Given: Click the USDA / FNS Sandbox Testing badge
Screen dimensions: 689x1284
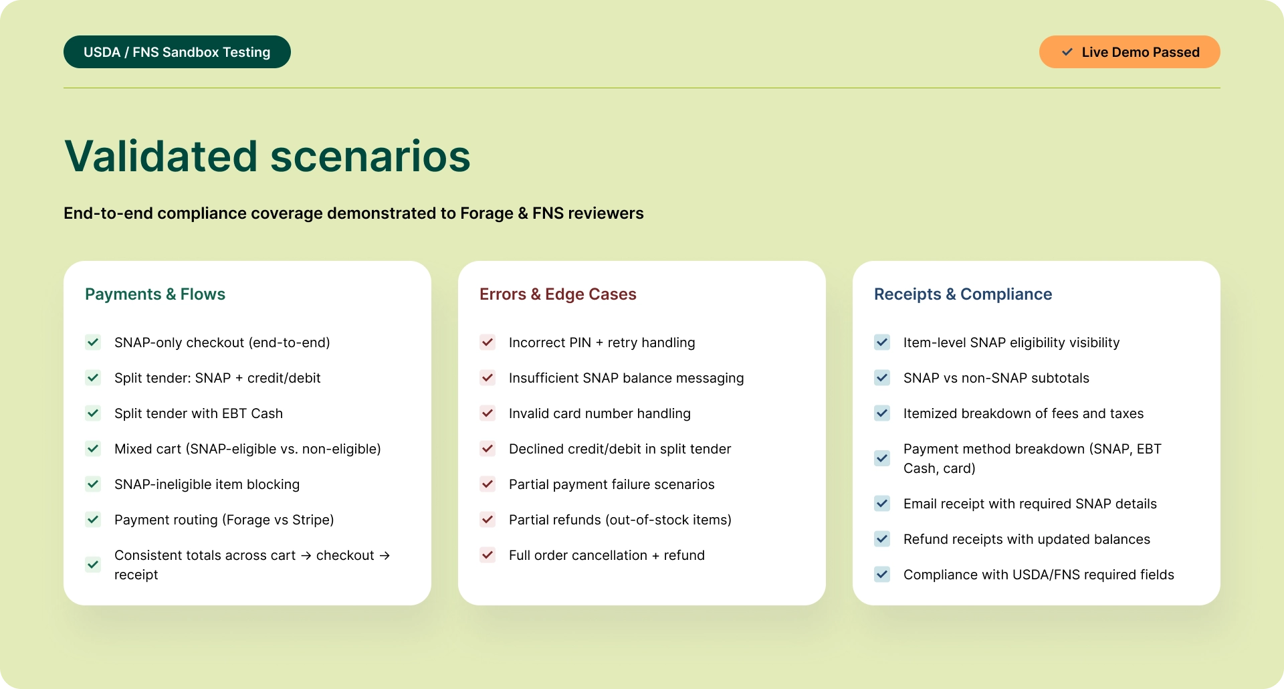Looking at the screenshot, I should (177, 52).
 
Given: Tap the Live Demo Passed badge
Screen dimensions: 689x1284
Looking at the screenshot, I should (1129, 52).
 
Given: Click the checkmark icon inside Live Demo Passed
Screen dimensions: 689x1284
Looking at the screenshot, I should (1067, 52).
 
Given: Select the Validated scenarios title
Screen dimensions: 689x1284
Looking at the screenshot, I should (267, 157).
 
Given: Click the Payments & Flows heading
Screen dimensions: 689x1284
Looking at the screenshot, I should (155, 294).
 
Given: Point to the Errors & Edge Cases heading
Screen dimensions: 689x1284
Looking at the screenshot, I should (558, 294).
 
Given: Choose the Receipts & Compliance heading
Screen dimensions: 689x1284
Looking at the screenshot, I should (963, 294).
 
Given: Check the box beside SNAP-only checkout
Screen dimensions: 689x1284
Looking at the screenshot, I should (93, 342).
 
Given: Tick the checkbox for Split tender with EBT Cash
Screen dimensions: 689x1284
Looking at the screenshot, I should (93, 413).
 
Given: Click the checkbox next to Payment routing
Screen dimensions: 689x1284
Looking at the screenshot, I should (93, 520).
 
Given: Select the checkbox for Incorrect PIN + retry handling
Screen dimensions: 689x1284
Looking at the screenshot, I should (488, 342).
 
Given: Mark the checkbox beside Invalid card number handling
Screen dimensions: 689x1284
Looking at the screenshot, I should (488, 413).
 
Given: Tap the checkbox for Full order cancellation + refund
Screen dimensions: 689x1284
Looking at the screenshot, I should (488, 555).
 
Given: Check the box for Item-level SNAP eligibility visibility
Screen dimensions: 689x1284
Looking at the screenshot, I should (882, 342).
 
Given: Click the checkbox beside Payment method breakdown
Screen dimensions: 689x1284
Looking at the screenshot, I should (882, 458).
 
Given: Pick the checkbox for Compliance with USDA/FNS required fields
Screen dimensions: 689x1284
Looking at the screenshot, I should (882, 575).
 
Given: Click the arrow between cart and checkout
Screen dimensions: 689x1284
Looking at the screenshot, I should (306, 556).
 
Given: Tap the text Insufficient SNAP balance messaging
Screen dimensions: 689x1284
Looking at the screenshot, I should (626, 378).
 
